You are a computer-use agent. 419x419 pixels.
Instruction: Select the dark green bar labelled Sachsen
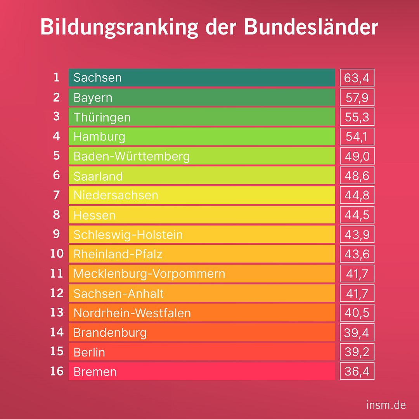tap(202, 78)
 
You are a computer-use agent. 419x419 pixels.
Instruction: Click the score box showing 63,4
tap(357, 78)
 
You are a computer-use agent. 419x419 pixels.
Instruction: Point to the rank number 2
tap(57, 97)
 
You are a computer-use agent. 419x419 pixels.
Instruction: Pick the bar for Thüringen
tap(202, 117)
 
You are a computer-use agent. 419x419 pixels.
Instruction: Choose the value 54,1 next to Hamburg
tap(357, 137)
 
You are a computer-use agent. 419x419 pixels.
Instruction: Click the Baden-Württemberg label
tap(132, 156)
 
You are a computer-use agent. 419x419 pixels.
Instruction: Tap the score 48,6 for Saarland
tap(357, 176)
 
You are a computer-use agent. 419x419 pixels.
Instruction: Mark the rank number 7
tap(57, 195)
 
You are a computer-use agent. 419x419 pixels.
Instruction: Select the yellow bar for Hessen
tap(202, 215)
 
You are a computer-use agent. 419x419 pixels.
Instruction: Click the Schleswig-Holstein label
tap(128, 235)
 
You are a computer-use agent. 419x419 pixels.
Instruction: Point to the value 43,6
tap(357, 254)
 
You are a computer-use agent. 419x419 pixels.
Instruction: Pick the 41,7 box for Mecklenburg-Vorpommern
tap(357, 274)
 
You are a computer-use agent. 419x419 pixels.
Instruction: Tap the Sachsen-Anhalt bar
tap(202, 293)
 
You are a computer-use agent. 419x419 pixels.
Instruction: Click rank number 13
tap(57, 312)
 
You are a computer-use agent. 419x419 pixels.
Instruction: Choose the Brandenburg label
tap(110, 332)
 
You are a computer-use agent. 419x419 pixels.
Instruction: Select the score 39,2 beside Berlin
tap(357, 352)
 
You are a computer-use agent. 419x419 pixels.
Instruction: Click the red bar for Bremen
tap(202, 372)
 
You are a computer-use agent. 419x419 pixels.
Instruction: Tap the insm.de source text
tap(386, 405)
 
